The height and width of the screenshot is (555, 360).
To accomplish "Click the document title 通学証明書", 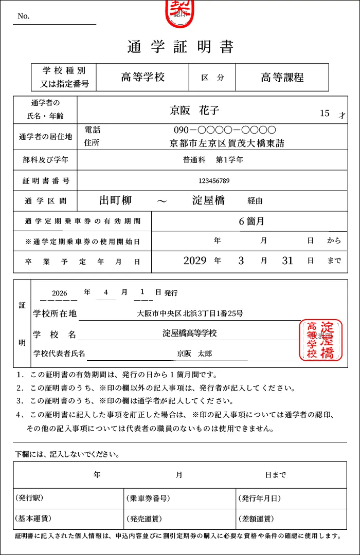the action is click(180, 47).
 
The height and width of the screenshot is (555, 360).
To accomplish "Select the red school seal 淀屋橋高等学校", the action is click(320, 340).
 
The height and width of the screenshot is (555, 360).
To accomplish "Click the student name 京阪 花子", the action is click(195, 110).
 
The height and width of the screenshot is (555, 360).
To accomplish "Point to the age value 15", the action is click(325, 114).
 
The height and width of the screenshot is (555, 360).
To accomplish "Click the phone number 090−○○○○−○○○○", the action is click(225, 130).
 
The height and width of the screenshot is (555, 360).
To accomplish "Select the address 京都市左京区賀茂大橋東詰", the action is click(227, 143).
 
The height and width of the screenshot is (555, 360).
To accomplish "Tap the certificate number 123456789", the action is click(214, 180).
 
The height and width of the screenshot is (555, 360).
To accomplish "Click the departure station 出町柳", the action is click(116, 201).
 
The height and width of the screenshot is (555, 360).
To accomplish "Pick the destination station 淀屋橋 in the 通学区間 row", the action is click(208, 201).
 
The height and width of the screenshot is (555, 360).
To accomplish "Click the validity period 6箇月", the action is click(251, 221).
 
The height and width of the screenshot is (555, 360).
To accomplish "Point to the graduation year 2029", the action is click(195, 261).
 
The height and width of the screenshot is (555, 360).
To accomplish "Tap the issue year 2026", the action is click(60, 293).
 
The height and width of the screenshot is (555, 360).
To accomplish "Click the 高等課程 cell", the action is click(282, 78).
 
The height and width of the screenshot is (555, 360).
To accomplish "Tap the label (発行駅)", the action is click(29, 498).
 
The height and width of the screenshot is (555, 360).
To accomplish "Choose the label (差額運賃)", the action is click(256, 519).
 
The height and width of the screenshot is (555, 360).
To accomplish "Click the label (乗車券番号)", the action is click(148, 498).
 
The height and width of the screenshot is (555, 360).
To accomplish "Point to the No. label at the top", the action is click(24, 16).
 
